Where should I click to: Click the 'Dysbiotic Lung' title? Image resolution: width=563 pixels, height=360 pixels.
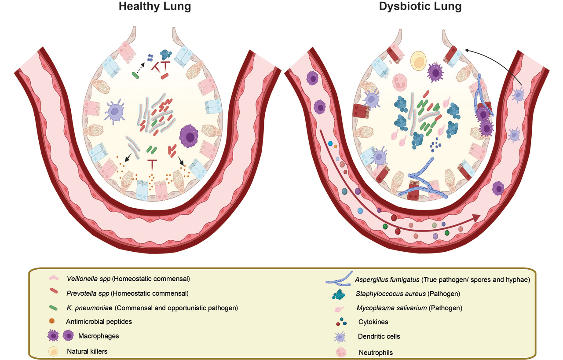pos(414,7)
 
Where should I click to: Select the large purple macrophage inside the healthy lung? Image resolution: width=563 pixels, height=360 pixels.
pos(190,137)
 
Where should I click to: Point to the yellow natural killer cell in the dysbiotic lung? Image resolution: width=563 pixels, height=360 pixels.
pos(418,61)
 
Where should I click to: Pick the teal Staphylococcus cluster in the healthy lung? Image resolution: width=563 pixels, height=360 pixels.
pos(166,54)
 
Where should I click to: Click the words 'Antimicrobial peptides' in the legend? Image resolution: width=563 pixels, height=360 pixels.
pos(99,322)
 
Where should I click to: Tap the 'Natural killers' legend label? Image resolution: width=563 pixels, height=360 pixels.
pos(87,351)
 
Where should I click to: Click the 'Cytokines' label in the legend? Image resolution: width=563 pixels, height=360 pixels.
pos(373,322)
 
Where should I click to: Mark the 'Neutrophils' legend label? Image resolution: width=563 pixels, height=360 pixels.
pos(376,352)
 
